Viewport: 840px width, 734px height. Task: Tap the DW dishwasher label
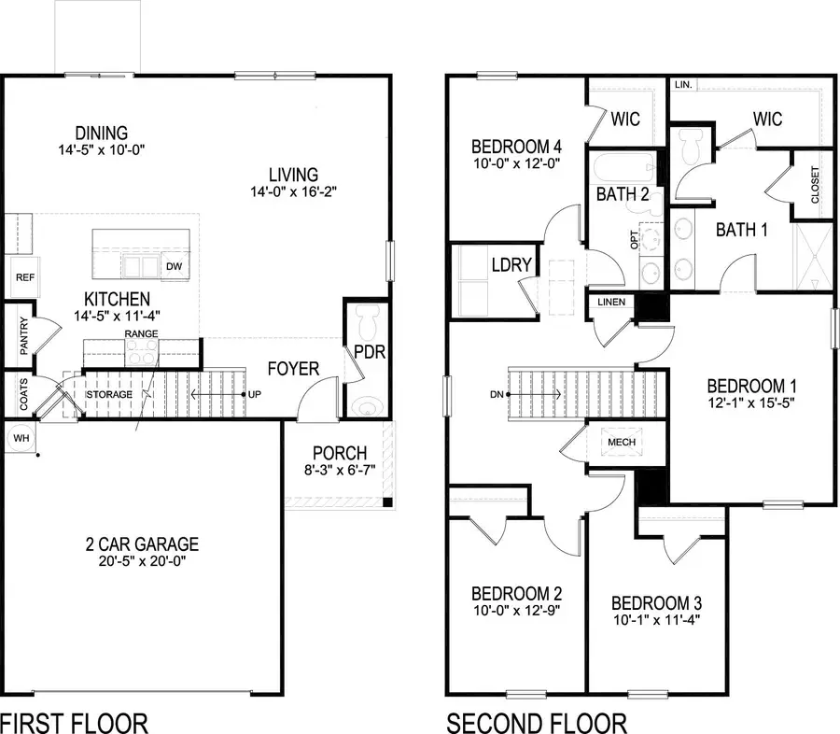tap(173, 266)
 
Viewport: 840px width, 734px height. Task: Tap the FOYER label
tap(293, 368)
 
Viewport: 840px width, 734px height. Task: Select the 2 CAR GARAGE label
tap(140, 544)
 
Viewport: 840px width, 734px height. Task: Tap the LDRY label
tap(511, 265)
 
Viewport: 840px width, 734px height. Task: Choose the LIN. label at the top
tap(682, 84)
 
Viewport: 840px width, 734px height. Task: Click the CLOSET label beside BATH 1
tap(816, 185)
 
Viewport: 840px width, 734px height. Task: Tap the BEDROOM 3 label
tap(657, 602)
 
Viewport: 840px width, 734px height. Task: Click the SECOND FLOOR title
tap(537, 722)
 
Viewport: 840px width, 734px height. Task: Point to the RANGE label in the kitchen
tap(142, 333)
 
